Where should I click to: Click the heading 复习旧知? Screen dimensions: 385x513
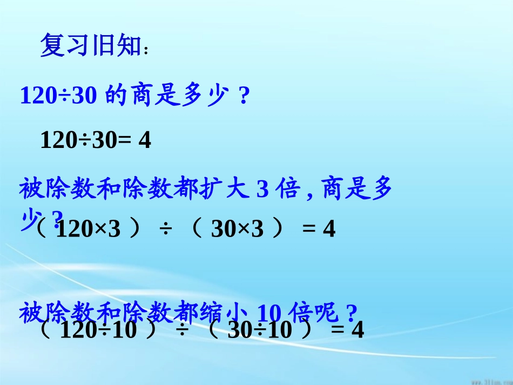click(x=90, y=47)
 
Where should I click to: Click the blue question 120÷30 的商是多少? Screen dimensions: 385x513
click(x=135, y=96)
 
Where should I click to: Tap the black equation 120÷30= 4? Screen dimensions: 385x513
click(x=96, y=141)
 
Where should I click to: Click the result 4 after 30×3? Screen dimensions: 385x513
click(x=329, y=230)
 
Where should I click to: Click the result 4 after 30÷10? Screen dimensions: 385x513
click(x=357, y=329)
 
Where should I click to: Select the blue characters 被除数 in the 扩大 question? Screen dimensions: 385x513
click(x=45, y=190)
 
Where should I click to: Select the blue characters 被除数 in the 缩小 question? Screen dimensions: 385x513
click(x=45, y=313)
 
